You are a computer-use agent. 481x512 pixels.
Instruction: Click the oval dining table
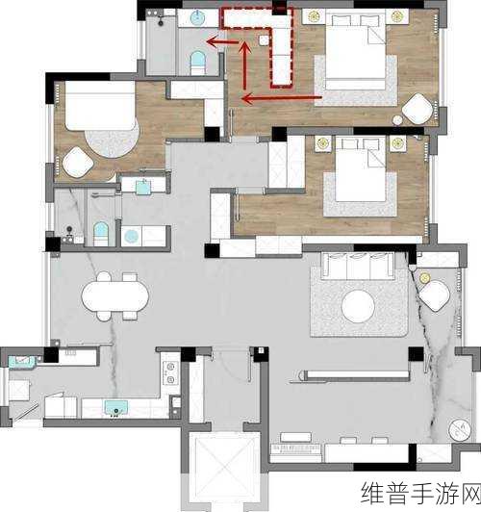(114, 296)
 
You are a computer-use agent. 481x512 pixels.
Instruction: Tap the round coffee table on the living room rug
(358, 306)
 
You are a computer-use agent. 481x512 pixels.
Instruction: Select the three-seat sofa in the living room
(358, 266)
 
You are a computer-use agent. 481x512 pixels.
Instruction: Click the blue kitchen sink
(116, 407)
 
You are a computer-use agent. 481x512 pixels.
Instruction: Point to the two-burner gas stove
(170, 372)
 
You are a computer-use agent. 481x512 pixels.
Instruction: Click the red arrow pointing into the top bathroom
(222, 41)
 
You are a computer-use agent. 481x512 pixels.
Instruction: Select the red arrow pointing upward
(244, 65)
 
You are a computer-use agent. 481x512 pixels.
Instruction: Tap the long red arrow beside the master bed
(282, 97)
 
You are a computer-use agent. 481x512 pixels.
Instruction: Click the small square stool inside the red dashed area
(264, 39)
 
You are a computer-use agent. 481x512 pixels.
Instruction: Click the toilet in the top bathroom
(198, 63)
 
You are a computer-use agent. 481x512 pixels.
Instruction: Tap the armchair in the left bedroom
(78, 163)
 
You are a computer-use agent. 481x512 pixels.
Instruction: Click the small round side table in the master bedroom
(397, 120)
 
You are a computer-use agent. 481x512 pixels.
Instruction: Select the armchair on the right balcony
(435, 295)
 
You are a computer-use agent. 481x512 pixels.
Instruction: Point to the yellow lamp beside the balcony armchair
(424, 278)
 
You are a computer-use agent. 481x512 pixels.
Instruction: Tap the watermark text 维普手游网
(420, 494)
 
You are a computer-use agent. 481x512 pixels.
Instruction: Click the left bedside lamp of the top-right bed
(314, 16)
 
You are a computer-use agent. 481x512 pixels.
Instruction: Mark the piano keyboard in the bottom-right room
(296, 449)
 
